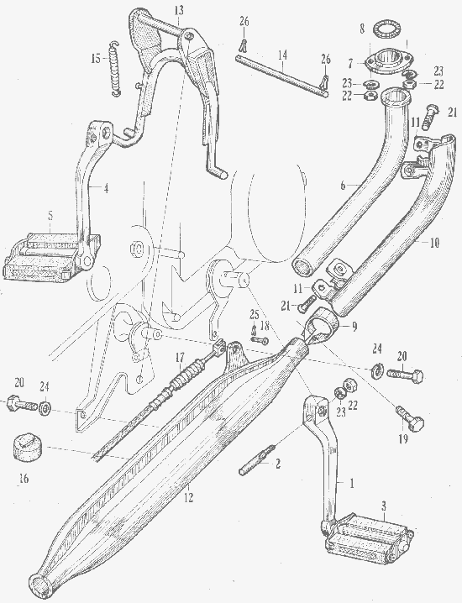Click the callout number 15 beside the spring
pyautogui.click(x=96, y=60)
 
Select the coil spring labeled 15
pyautogui.click(x=115, y=68)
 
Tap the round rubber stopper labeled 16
pyautogui.click(x=28, y=447)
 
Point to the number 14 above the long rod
pyautogui.click(x=283, y=55)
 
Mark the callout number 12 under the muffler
pyautogui.click(x=189, y=498)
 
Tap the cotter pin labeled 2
pyautogui.click(x=256, y=460)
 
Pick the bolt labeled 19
pyautogui.click(x=410, y=419)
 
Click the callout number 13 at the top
pyautogui.click(x=179, y=10)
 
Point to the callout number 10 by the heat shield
pyautogui.click(x=434, y=243)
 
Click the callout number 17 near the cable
pyautogui.click(x=180, y=358)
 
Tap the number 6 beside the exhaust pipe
pyautogui.click(x=343, y=185)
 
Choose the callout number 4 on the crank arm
pyautogui.click(x=106, y=188)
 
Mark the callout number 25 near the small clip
pyautogui.click(x=255, y=315)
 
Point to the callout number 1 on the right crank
pyautogui.click(x=351, y=484)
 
